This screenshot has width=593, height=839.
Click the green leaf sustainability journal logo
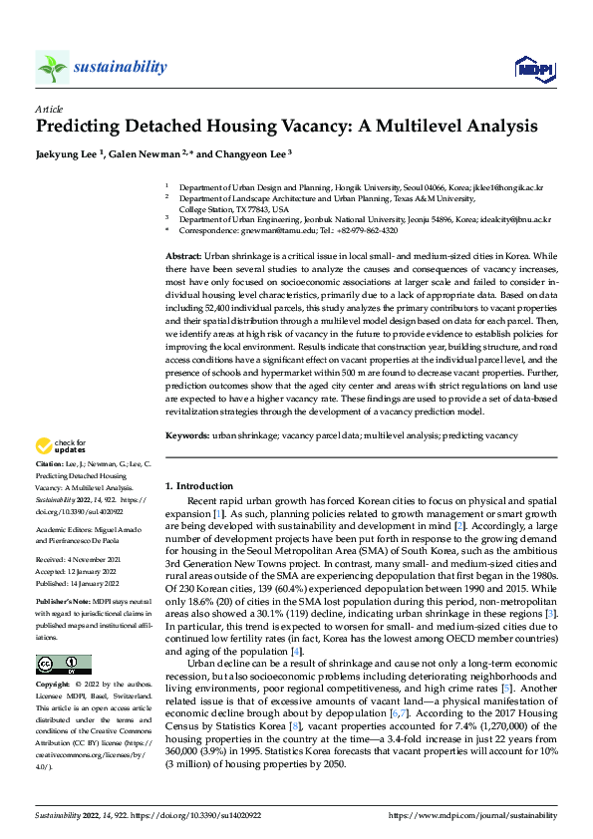(52, 68)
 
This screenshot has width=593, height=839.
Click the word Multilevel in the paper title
(393, 127)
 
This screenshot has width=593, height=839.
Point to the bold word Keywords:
(187, 435)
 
